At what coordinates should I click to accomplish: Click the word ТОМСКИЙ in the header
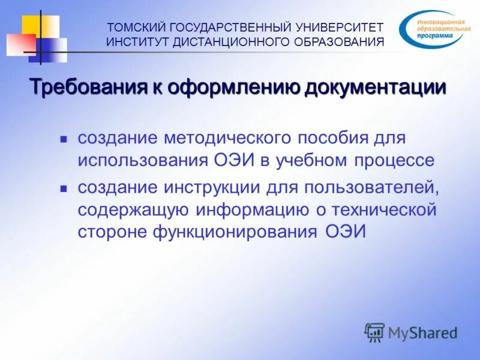(136, 28)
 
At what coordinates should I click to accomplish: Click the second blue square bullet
(63, 188)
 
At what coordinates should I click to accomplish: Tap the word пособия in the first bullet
(329, 139)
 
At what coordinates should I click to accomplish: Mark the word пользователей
(372, 187)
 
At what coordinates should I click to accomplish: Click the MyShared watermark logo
(411, 332)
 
